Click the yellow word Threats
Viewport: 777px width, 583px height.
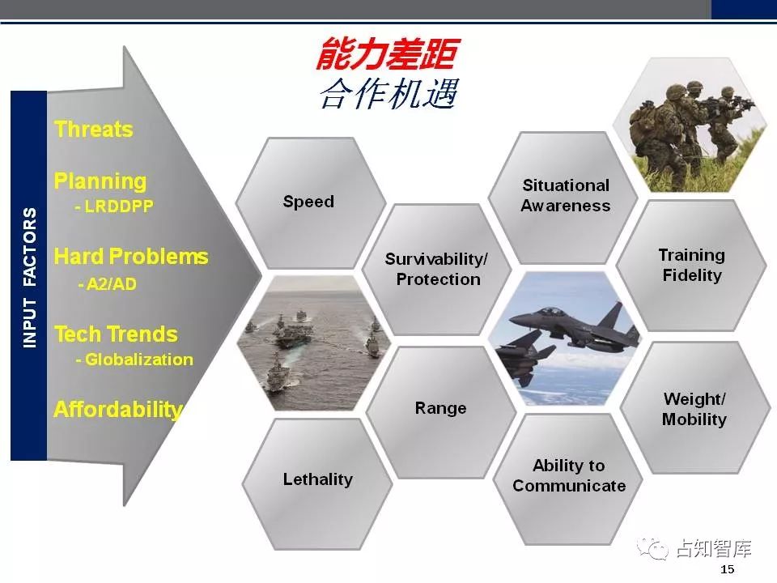tap(94, 129)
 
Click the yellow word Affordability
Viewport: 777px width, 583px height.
tap(118, 410)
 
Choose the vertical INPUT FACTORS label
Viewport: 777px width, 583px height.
tap(29, 277)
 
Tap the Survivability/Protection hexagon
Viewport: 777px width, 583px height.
tap(437, 269)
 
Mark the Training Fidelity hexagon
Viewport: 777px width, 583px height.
tap(692, 266)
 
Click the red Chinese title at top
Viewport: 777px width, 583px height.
tap(388, 53)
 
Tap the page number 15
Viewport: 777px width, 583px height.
tap(728, 569)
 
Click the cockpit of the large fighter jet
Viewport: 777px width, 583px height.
tap(549, 313)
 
